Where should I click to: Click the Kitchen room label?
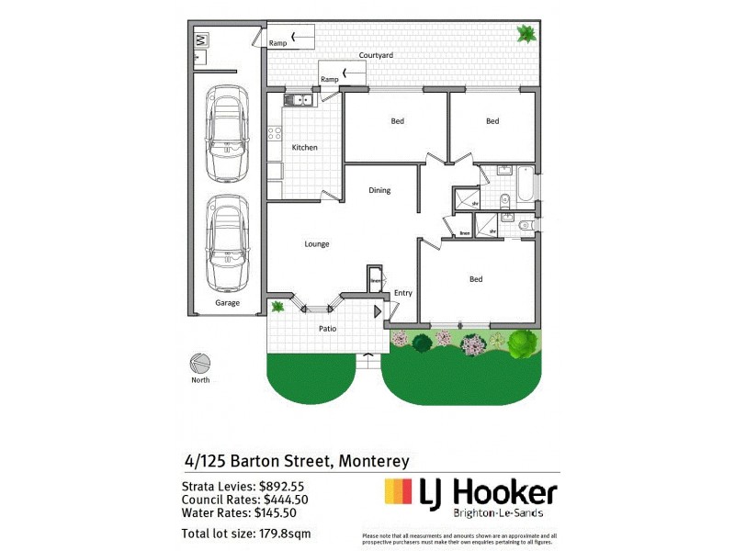304,148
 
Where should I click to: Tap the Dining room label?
379,191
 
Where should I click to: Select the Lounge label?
317,244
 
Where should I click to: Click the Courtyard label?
376,56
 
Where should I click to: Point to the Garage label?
227,303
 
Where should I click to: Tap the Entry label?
402,293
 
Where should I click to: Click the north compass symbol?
200,363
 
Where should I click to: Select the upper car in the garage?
226,134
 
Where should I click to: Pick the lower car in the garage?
226,242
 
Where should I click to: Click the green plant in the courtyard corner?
526,35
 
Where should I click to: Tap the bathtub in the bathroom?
525,185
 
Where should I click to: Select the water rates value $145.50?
278,513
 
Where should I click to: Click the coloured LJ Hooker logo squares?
399,492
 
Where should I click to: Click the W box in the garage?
202,39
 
